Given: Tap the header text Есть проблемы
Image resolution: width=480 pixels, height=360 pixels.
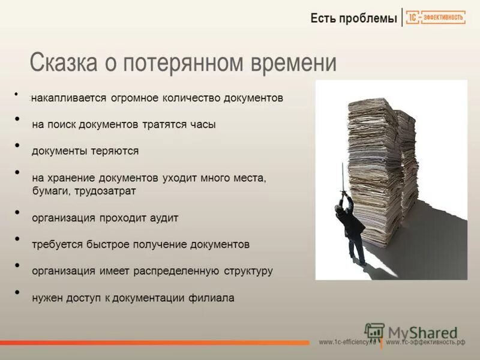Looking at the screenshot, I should coord(353,19).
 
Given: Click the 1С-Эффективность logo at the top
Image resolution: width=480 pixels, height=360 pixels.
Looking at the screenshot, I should coord(436,18).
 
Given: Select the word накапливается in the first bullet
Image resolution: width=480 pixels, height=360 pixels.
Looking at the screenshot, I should coord(69,98).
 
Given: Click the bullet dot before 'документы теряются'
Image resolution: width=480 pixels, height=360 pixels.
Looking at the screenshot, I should coord(18,146).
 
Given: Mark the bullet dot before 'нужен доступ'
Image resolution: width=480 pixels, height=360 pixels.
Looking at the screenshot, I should coord(18,292).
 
